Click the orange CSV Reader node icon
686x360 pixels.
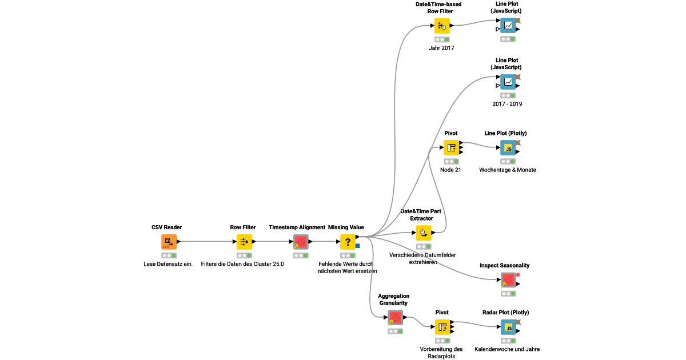169,242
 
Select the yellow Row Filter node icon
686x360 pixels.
244,242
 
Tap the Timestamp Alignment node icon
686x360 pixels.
301,242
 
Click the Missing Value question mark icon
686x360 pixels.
348,242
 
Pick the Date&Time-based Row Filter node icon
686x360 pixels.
442,26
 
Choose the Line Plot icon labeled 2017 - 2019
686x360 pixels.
508,82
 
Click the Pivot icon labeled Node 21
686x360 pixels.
452,148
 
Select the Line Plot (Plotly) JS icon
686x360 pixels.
508,148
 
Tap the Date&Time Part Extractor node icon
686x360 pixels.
423,233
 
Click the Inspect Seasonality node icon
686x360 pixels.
508,280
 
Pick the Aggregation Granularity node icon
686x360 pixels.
394,317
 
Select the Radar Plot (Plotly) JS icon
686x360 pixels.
508,327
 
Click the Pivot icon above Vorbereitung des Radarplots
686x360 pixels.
442,327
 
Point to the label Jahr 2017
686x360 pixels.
441,48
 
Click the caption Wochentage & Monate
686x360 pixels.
508,170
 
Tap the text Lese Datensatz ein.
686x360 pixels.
168,264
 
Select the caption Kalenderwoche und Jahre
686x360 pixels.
507,349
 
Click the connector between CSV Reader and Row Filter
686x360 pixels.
206,242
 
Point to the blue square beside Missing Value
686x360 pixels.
357,246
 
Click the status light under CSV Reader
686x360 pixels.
169,255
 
